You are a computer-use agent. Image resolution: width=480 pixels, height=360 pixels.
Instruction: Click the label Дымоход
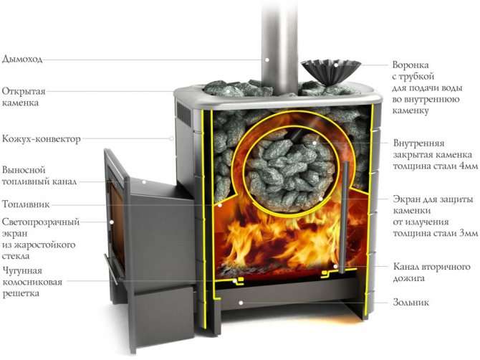(x=22, y=59)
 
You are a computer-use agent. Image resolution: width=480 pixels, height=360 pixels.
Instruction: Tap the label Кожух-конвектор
(x=42, y=139)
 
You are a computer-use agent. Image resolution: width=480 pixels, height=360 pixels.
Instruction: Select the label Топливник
(x=26, y=204)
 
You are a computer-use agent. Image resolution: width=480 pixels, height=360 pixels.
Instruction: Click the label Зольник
(x=411, y=303)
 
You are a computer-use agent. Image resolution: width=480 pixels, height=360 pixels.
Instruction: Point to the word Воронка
(x=411, y=65)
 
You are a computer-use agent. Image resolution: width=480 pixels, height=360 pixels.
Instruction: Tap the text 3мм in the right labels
(x=468, y=234)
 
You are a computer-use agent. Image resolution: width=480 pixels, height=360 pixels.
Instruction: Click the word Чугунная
(x=22, y=271)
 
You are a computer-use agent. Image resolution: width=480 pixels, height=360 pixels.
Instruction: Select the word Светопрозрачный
(x=41, y=222)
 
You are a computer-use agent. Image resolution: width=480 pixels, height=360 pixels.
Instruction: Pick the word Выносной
(x=24, y=170)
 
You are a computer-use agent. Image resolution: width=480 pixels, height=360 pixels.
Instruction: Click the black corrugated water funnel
(x=330, y=72)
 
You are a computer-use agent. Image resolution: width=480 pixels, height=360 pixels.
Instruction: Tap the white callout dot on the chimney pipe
(x=267, y=60)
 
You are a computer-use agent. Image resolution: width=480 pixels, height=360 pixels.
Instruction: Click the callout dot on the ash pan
(x=241, y=303)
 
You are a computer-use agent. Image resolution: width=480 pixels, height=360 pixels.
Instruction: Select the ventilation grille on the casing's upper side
(x=183, y=113)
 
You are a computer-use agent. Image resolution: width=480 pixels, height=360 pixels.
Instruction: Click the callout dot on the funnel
(x=336, y=65)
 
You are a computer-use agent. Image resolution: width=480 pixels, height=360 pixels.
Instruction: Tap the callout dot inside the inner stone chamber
(x=315, y=143)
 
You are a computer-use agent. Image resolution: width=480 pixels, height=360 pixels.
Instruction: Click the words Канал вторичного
(x=431, y=267)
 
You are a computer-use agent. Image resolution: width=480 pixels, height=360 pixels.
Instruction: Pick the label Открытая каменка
(x=24, y=97)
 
